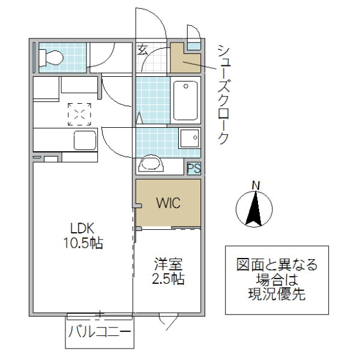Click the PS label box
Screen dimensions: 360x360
193,169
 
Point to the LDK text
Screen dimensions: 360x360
82,229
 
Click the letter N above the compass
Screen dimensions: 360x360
255,185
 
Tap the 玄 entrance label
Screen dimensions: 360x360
142,50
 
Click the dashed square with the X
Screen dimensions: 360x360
79,112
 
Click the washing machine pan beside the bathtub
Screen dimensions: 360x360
189,139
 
